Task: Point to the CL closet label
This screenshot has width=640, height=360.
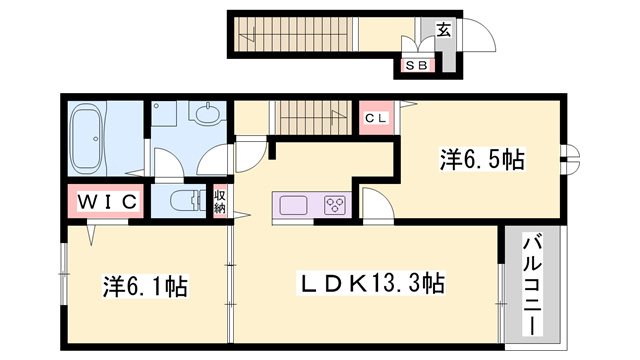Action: [377, 118]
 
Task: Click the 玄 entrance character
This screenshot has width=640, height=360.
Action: [443, 29]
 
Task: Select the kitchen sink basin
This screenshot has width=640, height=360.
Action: [295, 205]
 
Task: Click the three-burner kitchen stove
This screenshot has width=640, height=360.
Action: [334, 206]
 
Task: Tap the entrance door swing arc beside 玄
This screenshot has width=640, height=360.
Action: [481, 37]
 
